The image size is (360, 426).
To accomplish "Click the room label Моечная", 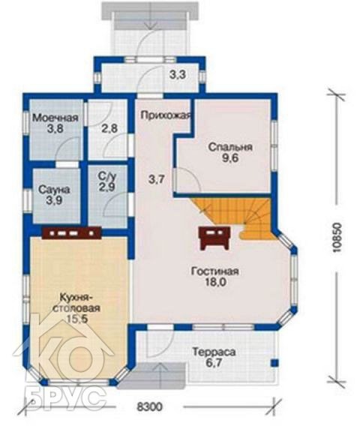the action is (55, 118).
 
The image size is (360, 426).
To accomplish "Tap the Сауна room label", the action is (54, 190).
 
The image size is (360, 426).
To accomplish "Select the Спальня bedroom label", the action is (230, 147).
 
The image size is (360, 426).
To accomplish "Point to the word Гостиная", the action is (215, 271).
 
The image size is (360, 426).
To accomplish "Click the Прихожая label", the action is (166, 115).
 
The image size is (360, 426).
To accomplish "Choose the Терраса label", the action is (214, 352).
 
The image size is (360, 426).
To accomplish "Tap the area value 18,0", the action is (216, 282).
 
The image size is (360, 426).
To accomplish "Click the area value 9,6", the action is (230, 157).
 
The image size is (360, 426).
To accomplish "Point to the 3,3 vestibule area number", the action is (178, 74).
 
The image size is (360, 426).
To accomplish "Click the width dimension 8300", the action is (149, 406).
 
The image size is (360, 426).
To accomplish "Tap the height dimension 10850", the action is (337, 238).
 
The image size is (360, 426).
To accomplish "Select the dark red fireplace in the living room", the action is (214, 238).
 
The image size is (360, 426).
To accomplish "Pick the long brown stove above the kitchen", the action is (72, 232).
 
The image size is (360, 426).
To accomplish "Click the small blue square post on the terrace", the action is (274, 363).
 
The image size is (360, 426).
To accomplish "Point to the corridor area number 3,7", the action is (157, 179).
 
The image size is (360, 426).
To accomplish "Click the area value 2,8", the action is (109, 128).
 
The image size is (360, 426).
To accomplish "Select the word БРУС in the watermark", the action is (66, 399).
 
